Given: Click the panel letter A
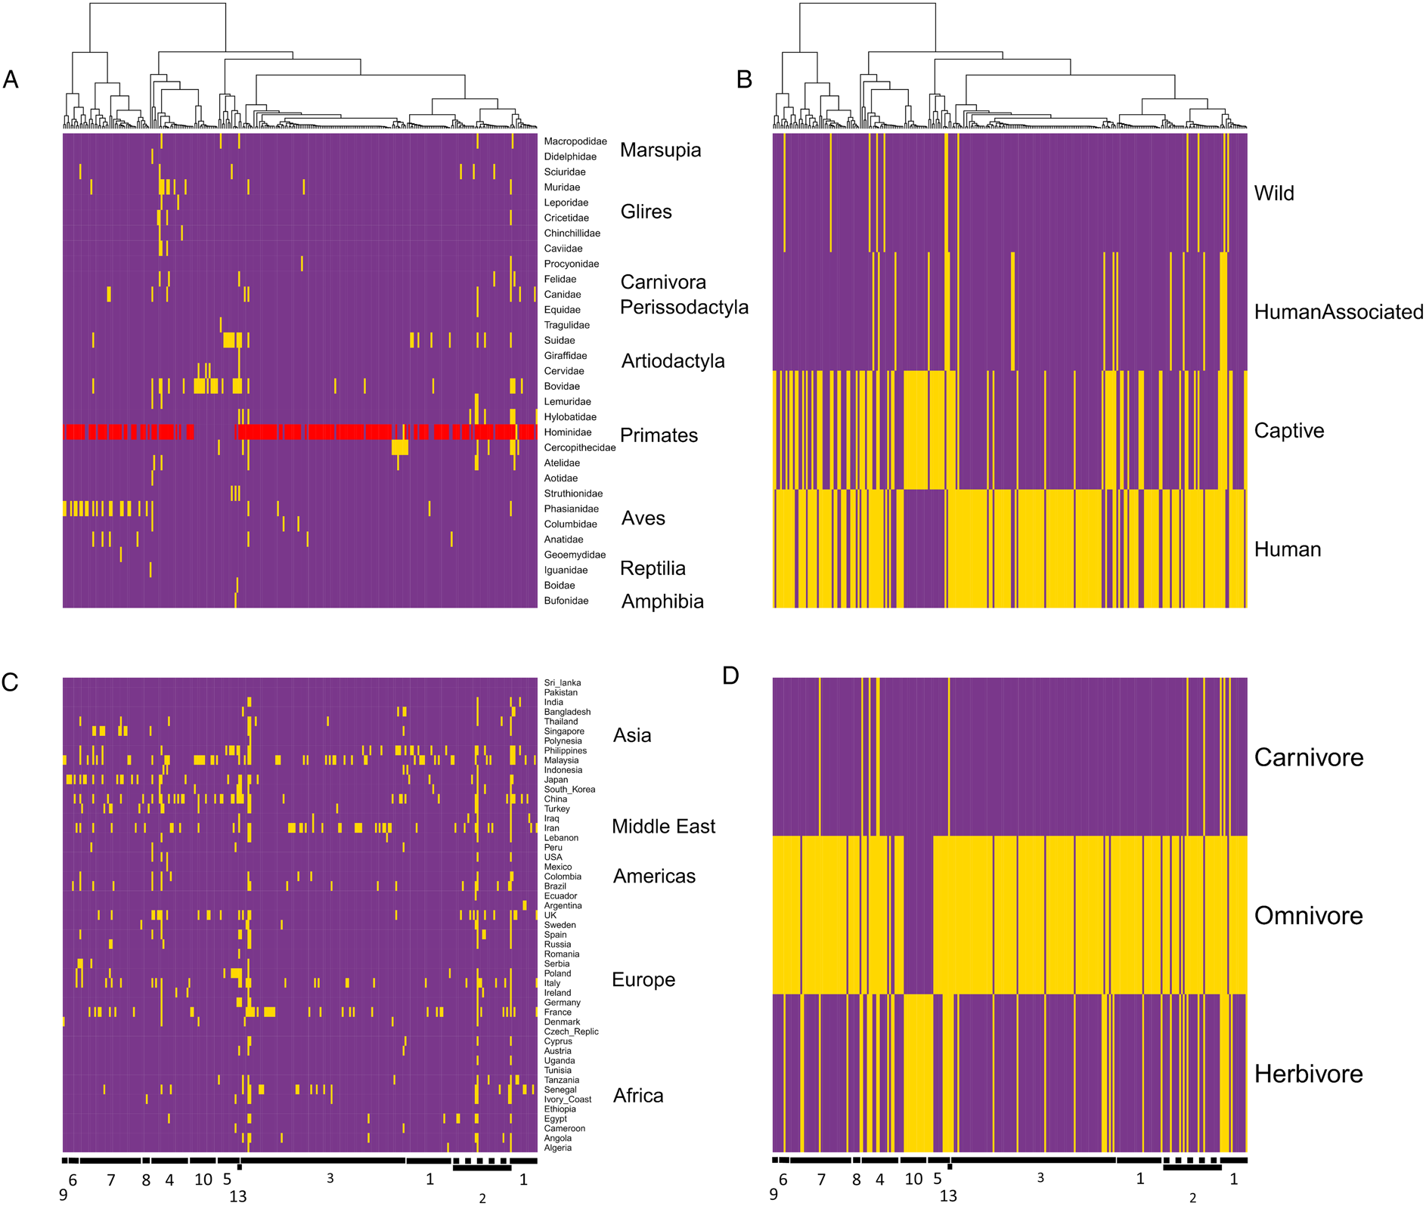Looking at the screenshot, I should click(11, 79).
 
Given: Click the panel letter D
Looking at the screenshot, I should click(730, 676).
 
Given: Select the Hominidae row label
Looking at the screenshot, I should click(567, 432).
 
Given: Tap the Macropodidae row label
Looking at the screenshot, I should click(575, 141).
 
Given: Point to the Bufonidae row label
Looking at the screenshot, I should click(566, 601).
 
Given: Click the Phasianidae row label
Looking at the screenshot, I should click(571, 509).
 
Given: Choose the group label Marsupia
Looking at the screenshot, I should click(660, 150).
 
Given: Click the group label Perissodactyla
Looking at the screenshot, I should click(684, 307).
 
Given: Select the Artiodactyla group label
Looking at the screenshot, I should click(672, 361).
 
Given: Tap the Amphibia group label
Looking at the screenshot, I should click(662, 601).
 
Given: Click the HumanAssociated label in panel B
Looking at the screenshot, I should click(1338, 311).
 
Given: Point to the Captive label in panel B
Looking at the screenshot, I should click(1288, 431).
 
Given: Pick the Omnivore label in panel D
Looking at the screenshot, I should click(1308, 916).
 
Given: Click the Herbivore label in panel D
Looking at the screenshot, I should click(1308, 1074).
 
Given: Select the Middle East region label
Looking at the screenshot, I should click(662, 826).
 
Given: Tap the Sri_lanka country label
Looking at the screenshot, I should click(562, 683).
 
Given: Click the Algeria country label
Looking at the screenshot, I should click(557, 1148).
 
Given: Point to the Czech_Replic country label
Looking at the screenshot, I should click(571, 1031).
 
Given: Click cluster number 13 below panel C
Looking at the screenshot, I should click(237, 1196).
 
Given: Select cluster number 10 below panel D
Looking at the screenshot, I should click(913, 1179).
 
